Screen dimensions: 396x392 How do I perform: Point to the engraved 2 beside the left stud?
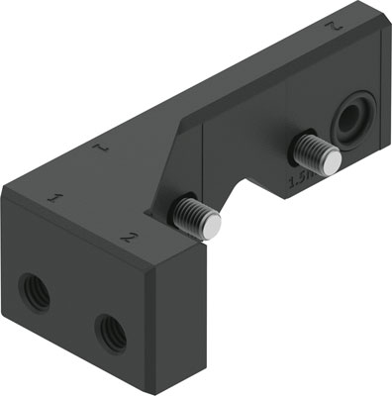click(x=126, y=237)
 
